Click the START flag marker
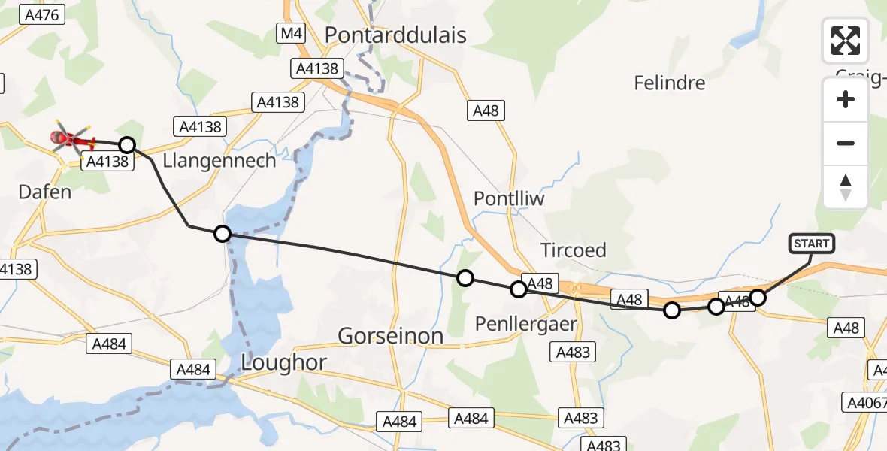(811, 244)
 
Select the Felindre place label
(669, 83)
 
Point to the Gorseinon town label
(390, 336)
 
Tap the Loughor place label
(283, 362)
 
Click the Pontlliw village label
(509, 198)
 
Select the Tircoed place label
(573, 250)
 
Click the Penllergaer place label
(526, 324)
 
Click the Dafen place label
(45, 192)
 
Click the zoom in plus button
(846, 99)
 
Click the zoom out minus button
(846, 143)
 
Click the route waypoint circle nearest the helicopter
(127, 144)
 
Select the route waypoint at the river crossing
(222, 234)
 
